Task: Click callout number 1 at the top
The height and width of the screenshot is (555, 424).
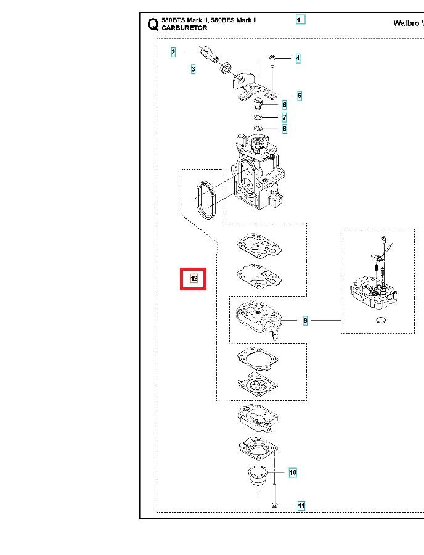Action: pos(300,20)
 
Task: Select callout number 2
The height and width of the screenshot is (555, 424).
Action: pos(173,52)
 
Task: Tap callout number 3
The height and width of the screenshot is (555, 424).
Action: pos(193,69)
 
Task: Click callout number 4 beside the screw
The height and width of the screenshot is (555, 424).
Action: pos(298,58)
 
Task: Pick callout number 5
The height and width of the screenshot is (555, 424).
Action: pos(300,96)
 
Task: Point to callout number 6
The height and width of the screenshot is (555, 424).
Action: pos(285,105)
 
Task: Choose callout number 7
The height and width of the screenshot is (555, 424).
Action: pos(285,117)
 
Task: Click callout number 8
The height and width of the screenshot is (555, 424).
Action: pos(285,128)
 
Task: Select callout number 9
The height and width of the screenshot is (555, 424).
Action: pos(306,321)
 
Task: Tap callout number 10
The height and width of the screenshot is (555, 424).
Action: pos(293,472)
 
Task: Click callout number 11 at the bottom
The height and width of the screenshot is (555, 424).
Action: pos(301,506)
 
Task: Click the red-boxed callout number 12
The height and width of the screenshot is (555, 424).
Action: pos(194,279)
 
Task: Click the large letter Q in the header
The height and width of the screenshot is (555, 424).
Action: pos(153,24)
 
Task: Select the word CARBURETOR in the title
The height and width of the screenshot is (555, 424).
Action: pos(184,28)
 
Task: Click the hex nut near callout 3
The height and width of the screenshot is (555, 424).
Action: pos(226,68)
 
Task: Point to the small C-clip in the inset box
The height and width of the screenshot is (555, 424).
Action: pos(381,320)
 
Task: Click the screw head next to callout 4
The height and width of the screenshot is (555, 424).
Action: pos(272,57)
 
